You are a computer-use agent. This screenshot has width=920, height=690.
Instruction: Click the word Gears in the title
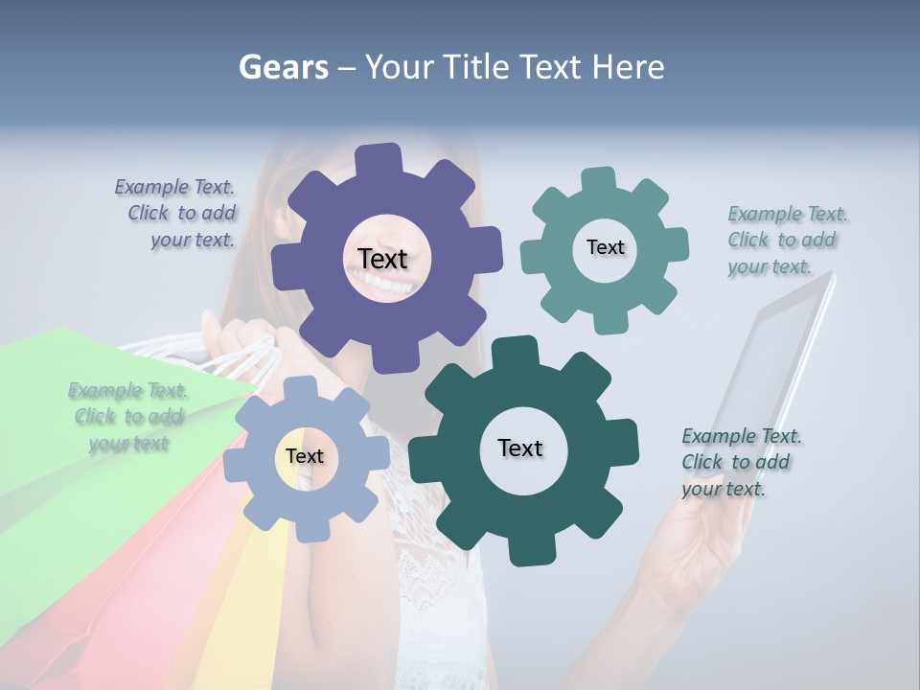coord(283,67)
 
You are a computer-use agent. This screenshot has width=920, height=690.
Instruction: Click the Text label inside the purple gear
coord(382,259)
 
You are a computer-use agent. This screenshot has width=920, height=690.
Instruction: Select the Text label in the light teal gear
coord(605,247)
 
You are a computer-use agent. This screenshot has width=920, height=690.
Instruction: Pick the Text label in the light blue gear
coord(304,457)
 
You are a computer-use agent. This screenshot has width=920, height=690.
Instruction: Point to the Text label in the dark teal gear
coord(520,448)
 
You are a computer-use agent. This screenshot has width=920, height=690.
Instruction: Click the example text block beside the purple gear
coord(177,214)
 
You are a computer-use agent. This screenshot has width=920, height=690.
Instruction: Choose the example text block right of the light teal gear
coord(786,241)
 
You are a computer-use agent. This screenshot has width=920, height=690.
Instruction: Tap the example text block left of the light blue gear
coord(128,417)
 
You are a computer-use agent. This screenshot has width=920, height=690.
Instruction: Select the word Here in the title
coord(629,67)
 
